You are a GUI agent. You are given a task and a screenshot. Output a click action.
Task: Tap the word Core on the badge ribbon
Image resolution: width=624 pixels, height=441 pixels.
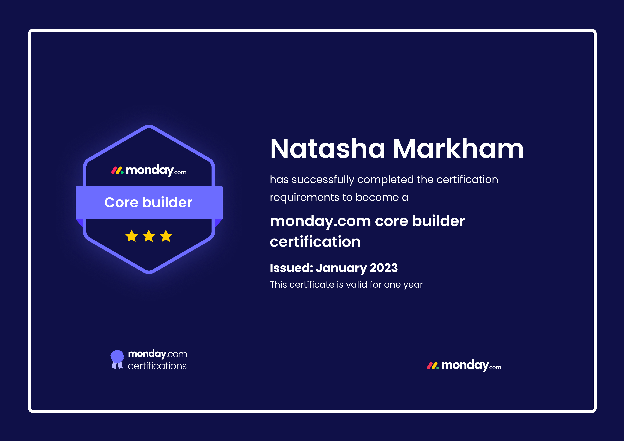121,202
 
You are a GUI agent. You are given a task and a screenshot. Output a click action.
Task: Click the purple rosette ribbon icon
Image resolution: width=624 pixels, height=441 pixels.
117,359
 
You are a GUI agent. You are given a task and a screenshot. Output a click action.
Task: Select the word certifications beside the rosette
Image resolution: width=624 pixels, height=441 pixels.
157,366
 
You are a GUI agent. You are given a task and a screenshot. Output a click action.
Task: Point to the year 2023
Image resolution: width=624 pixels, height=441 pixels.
384,268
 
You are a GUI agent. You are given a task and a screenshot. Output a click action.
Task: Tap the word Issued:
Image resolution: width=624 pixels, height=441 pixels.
292,268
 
